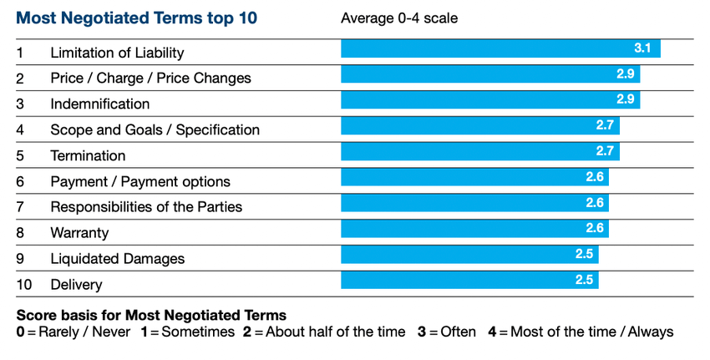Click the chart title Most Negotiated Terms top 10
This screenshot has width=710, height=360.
tap(137, 18)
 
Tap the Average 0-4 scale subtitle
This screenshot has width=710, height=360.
tap(399, 18)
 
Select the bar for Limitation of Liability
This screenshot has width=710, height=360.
tap(500, 49)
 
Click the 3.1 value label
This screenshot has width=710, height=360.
tap(642, 49)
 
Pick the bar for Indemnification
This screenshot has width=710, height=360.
tap(490, 100)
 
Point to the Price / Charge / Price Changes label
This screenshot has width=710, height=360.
tap(150, 78)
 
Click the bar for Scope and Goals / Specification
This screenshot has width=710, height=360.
tap(479, 126)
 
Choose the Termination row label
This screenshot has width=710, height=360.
tap(88, 155)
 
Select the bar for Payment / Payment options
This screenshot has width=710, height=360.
tap(474, 177)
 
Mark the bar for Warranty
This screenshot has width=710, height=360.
tap(474, 229)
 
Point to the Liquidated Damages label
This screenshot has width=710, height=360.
tap(117, 259)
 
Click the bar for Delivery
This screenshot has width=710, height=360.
tap(469, 280)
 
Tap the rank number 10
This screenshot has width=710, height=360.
tap(24, 285)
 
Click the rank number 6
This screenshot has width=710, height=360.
tap(20, 181)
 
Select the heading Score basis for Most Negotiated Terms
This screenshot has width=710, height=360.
tap(151, 316)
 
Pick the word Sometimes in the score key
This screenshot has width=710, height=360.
tap(198, 332)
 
